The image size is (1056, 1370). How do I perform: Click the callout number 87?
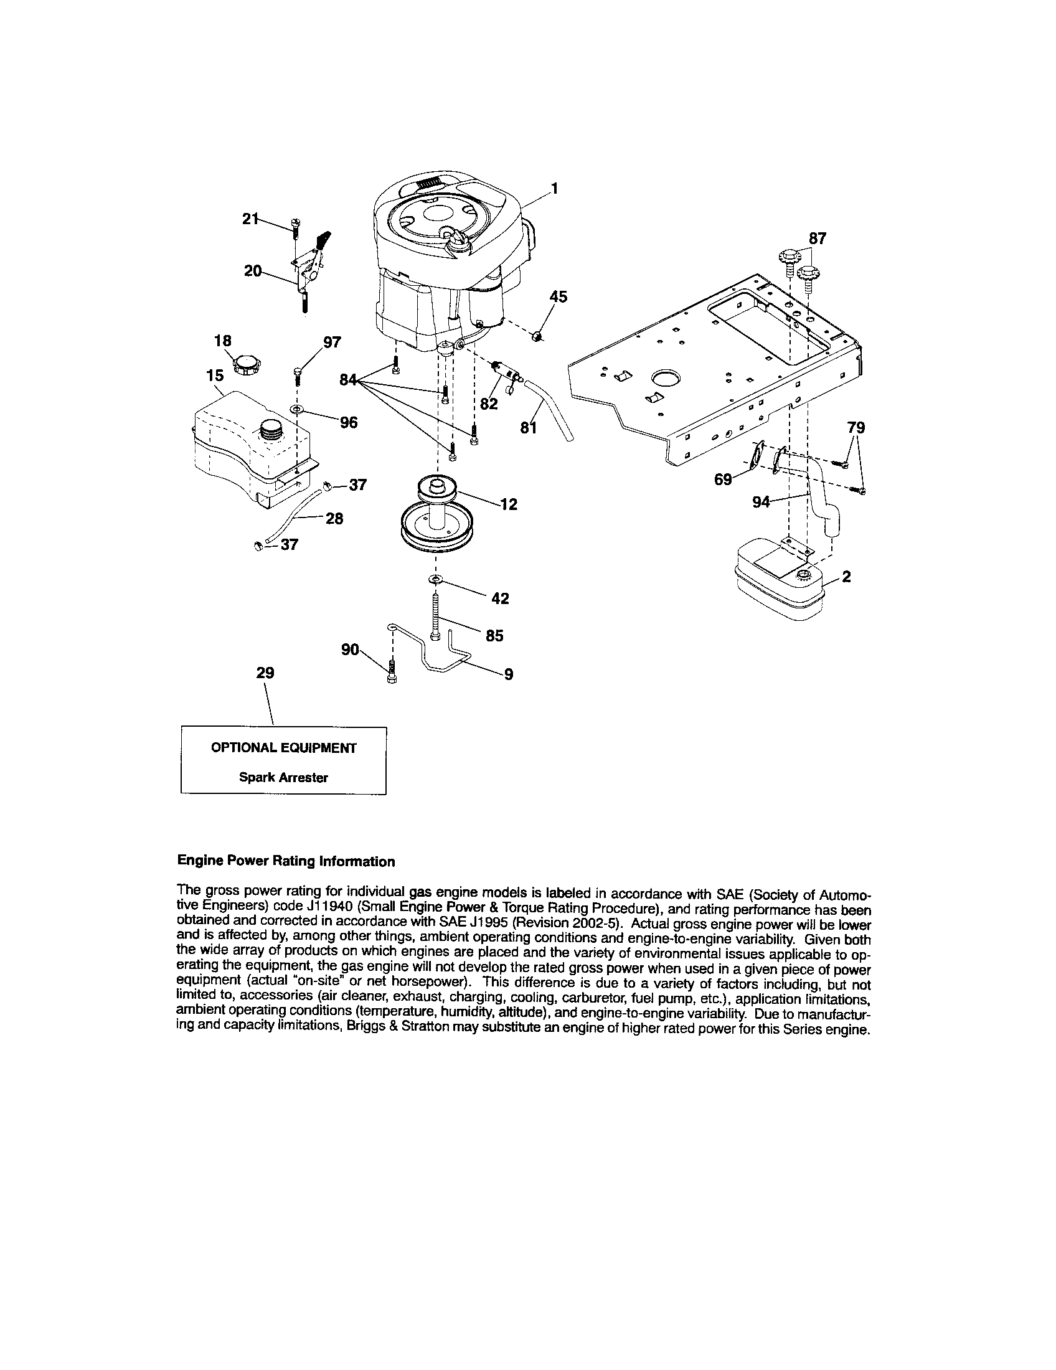click(x=817, y=238)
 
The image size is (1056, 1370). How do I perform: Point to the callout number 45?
click(x=558, y=296)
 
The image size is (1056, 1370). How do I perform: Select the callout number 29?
click(x=265, y=673)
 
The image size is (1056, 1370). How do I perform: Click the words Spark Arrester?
click(x=283, y=777)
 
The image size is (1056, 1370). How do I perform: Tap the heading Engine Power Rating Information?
click(x=286, y=861)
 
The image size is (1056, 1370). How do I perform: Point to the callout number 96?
click(x=349, y=422)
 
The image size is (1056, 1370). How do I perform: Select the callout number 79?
click(x=856, y=428)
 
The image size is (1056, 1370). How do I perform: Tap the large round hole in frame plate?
click(x=666, y=378)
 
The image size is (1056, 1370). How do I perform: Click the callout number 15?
click(x=214, y=375)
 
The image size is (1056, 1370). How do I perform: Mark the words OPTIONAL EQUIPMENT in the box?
click(x=283, y=748)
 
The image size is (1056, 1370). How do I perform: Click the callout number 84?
click(x=348, y=379)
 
